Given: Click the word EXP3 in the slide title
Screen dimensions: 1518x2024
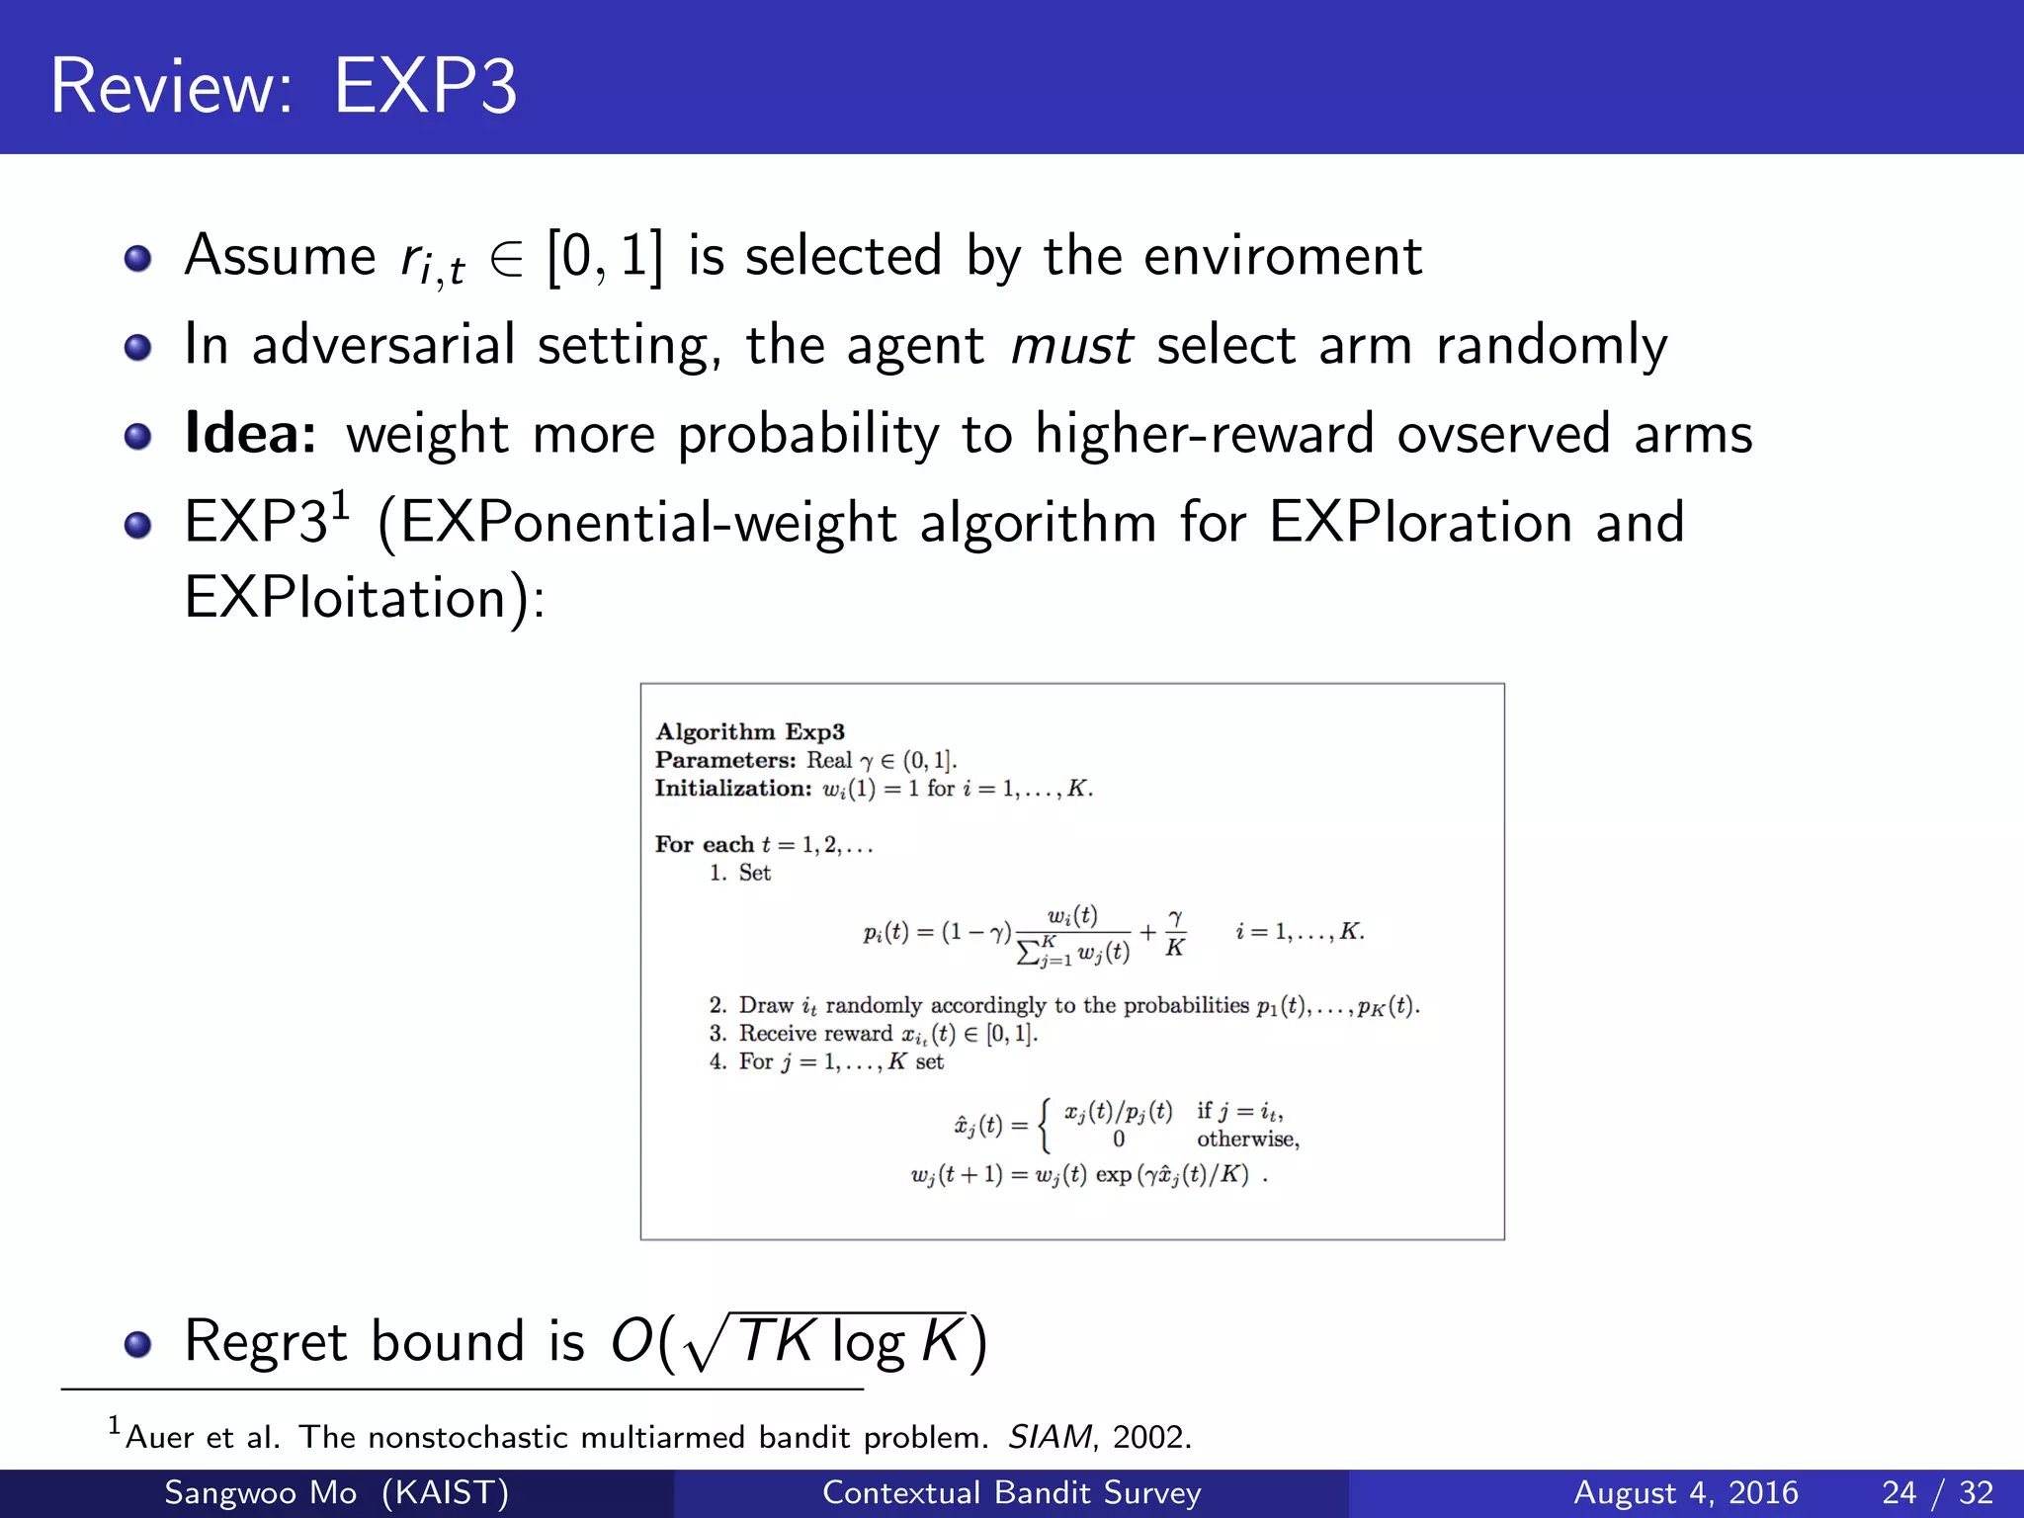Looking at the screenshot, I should [425, 87].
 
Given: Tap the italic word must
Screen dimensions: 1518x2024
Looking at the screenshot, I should [1072, 346].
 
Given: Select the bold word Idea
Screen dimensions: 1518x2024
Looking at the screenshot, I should [250, 434].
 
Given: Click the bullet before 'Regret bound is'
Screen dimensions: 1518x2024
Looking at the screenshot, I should [137, 1343].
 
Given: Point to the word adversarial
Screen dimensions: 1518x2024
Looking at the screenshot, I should [383, 346].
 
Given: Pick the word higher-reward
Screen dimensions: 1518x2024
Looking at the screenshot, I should [1204, 434].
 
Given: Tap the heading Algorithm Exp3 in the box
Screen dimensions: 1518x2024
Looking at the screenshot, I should [750, 731].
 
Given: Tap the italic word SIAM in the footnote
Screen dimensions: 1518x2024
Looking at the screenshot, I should [1050, 1437].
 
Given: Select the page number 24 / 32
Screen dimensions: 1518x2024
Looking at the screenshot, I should [1938, 1492].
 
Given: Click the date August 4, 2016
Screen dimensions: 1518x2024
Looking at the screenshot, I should [1685, 1492].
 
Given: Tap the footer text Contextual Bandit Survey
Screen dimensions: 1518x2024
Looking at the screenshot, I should [1011, 1492].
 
